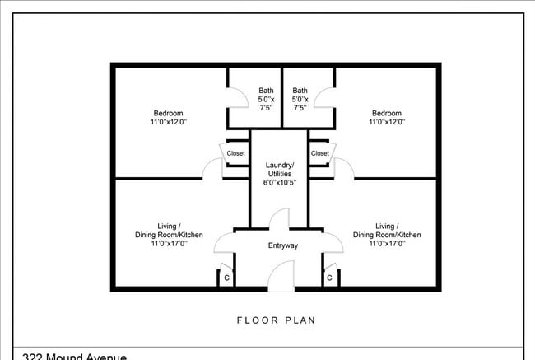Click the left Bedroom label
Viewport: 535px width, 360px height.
click(x=168, y=113)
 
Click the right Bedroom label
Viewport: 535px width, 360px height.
click(x=387, y=113)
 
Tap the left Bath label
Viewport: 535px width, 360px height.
click(x=266, y=91)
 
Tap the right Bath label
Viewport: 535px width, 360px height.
click(x=300, y=91)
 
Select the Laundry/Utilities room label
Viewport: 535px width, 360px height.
click(x=279, y=169)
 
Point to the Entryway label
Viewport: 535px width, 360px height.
click(x=283, y=245)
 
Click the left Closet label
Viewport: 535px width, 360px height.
click(x=236, y=153)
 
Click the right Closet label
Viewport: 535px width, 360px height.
click(x=320, y=153)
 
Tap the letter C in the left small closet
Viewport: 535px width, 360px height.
click(x=226, y=278)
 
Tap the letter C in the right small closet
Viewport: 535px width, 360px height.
click(x=329, y=278)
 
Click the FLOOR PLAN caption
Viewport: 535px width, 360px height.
click(x=276, y=320)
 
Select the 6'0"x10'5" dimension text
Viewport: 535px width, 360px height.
click(x=279, y=182)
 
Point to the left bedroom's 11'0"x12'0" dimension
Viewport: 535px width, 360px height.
click(x=168, y=122)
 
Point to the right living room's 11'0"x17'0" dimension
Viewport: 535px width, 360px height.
click(x=387, y=244)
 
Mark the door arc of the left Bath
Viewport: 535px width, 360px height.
click(x=235, y=97)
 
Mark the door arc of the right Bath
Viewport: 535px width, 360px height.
click(x=326, y=97)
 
